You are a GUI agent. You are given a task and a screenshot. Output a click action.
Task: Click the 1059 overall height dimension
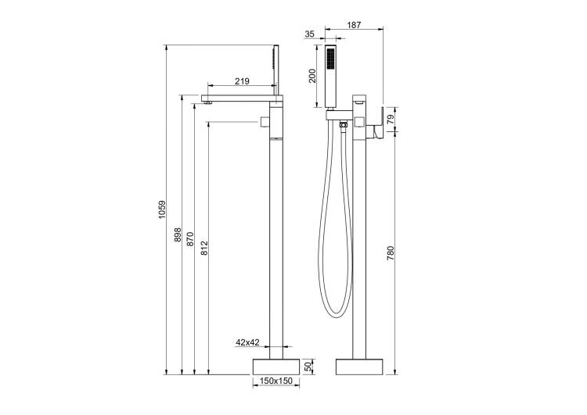click(x=162, y=209)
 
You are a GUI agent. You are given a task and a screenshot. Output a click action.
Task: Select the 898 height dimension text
click(x=178, y=234)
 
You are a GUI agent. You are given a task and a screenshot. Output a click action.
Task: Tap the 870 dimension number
click(x=190, y=239)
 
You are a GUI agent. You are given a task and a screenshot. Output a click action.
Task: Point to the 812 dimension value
click(x=204, y=249)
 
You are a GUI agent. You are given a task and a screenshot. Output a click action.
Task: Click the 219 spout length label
click(x=242, y=81)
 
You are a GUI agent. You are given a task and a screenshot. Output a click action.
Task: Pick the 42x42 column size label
click(x=247, y=342)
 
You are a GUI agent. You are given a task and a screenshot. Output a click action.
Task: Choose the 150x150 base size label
click(x=276, y=381)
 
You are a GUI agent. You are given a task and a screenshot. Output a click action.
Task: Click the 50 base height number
click(x=308, y=367)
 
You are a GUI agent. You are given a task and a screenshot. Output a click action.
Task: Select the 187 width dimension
click(x=354, y=25)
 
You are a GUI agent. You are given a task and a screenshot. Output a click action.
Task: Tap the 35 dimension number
click(x=309, y=34)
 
